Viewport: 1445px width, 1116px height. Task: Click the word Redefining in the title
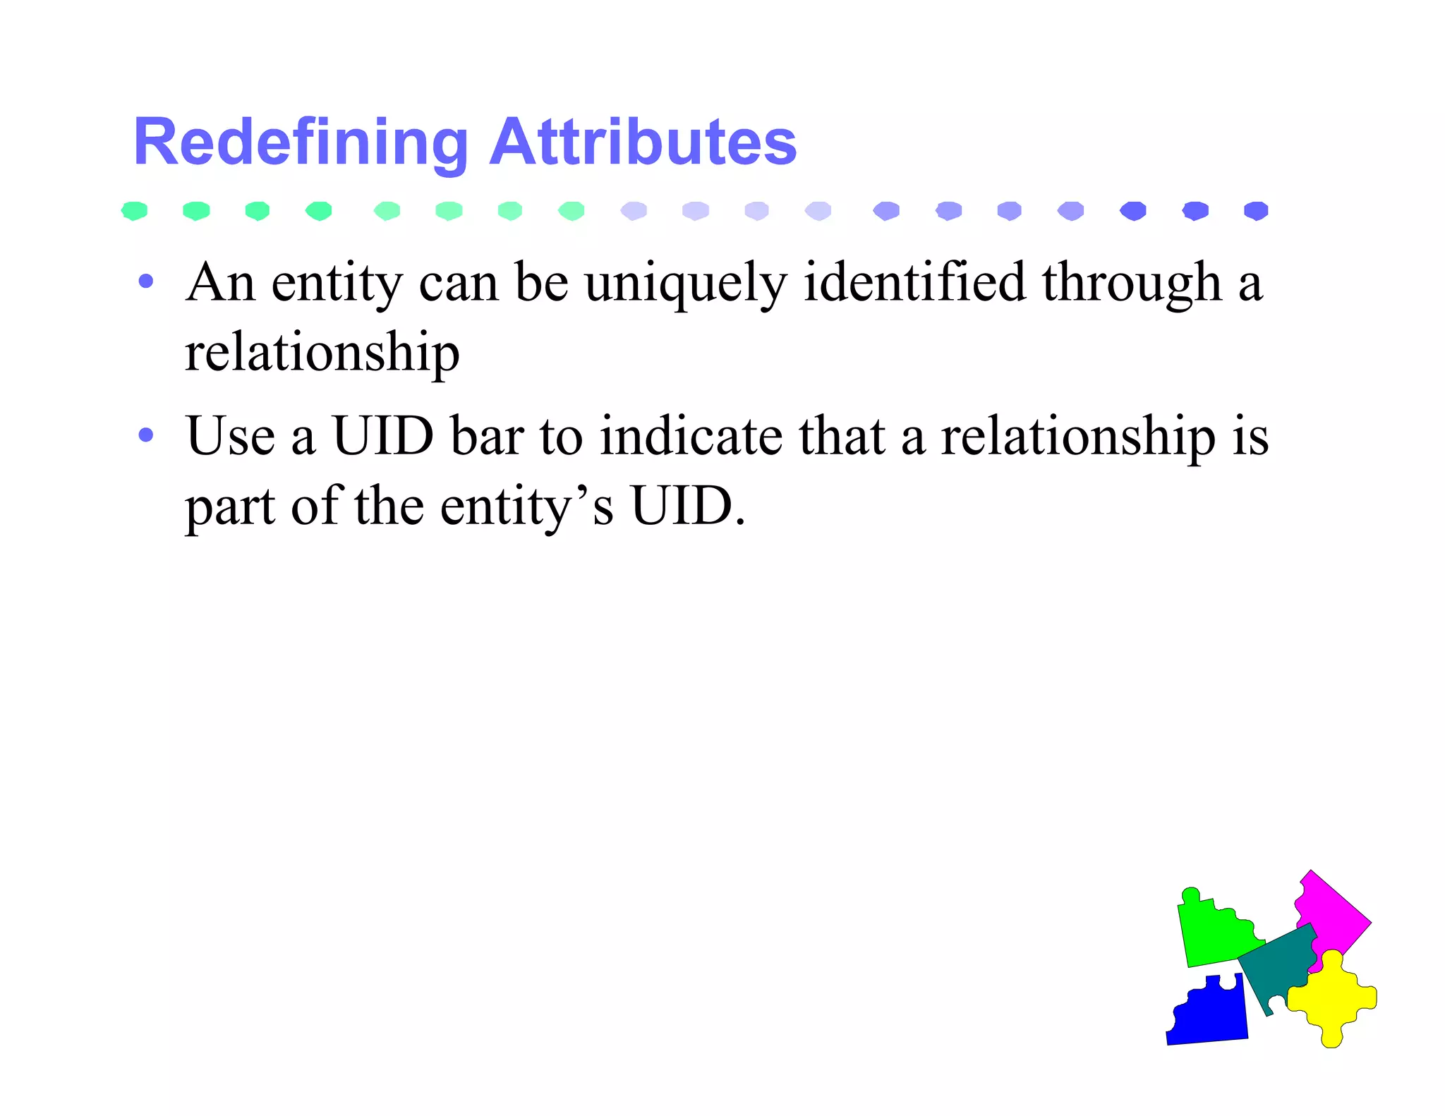pyautogui.click(x=301, y=143)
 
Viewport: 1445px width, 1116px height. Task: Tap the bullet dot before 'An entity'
pyautogui.click(x=146, y=282)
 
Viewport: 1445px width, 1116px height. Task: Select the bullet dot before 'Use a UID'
pyautogui.click(x=146, y=435)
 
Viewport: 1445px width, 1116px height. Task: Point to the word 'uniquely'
pyautogui.click(x=685, y=284)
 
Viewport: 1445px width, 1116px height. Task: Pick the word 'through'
pyautogui.click(x=1132, y=284)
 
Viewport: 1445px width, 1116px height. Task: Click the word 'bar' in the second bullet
pyautogui.click(x=487, y=436)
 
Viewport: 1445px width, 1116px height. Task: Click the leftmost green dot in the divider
pyautogui.click(x=134, y=211)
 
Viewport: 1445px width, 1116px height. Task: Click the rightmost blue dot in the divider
pyautogui.click(x=1256, y=211)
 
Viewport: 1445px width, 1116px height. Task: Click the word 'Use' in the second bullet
pyautogui.click(x=230, y=436)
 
